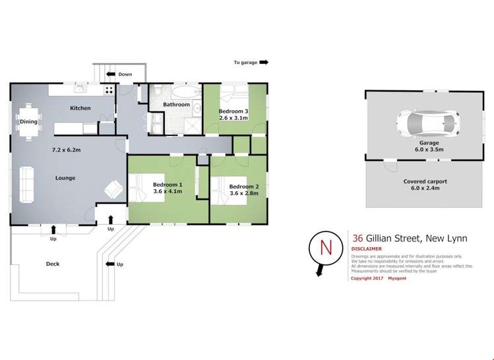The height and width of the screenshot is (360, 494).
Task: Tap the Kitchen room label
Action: [x=80, y=108]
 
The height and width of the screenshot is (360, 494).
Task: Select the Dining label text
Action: [x=28, y=121]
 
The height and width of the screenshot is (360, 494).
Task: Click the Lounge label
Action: [x=65, y=178]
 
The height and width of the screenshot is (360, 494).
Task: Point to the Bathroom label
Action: [x=176, y=104]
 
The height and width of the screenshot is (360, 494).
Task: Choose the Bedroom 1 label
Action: [x=167, y=185]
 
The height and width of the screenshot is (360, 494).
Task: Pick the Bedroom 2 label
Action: [x=243, y=187]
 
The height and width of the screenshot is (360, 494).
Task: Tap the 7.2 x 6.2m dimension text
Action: [x=67, y=150]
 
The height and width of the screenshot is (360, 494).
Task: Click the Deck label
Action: [x=53, y=264]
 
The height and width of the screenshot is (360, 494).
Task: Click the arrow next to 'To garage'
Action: [x=264, y=63]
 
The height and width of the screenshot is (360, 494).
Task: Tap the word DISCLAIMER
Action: [x=366, y=249]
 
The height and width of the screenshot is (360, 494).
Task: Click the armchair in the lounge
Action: [x=113, y=191]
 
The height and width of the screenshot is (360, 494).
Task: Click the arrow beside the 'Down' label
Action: [x=111, y=75]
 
